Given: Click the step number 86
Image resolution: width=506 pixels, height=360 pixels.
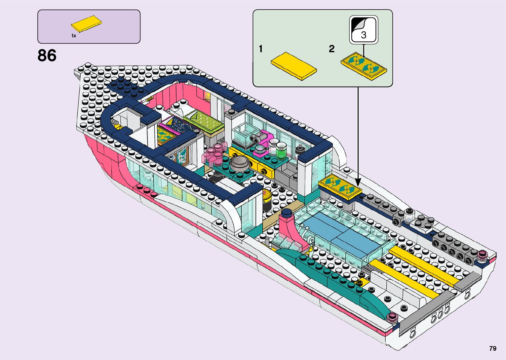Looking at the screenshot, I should (47, 56).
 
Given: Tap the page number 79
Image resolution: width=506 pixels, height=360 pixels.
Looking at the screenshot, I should (492, 348).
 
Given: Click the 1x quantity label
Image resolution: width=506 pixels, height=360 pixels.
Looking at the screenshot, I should (74, 36).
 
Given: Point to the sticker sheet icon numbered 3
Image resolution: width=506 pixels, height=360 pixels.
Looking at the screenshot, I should (364, 30).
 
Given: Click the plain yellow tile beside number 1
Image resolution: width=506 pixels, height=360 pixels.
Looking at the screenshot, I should (293, 65).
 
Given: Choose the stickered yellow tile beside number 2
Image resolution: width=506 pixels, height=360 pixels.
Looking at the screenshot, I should (364, 65).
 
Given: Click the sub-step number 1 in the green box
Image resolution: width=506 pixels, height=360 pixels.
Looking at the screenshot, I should (261, 49).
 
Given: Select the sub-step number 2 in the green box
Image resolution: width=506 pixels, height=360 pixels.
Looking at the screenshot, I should (331, 49).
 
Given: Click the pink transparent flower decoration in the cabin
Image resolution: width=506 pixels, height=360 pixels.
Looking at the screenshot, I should (215, 154).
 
